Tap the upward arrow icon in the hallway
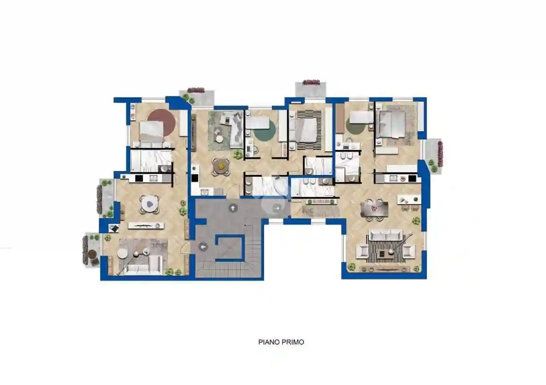pos(233,208)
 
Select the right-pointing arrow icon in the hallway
pos(276,208)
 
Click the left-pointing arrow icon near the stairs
pos(203,247)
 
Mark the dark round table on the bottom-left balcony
pos(92,254)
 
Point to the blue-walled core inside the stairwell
pos(229,247)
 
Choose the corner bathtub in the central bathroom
pos(270,186)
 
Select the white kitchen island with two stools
pos(409,200)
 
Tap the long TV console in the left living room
pos(146,226)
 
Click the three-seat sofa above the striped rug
pos(386,236)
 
